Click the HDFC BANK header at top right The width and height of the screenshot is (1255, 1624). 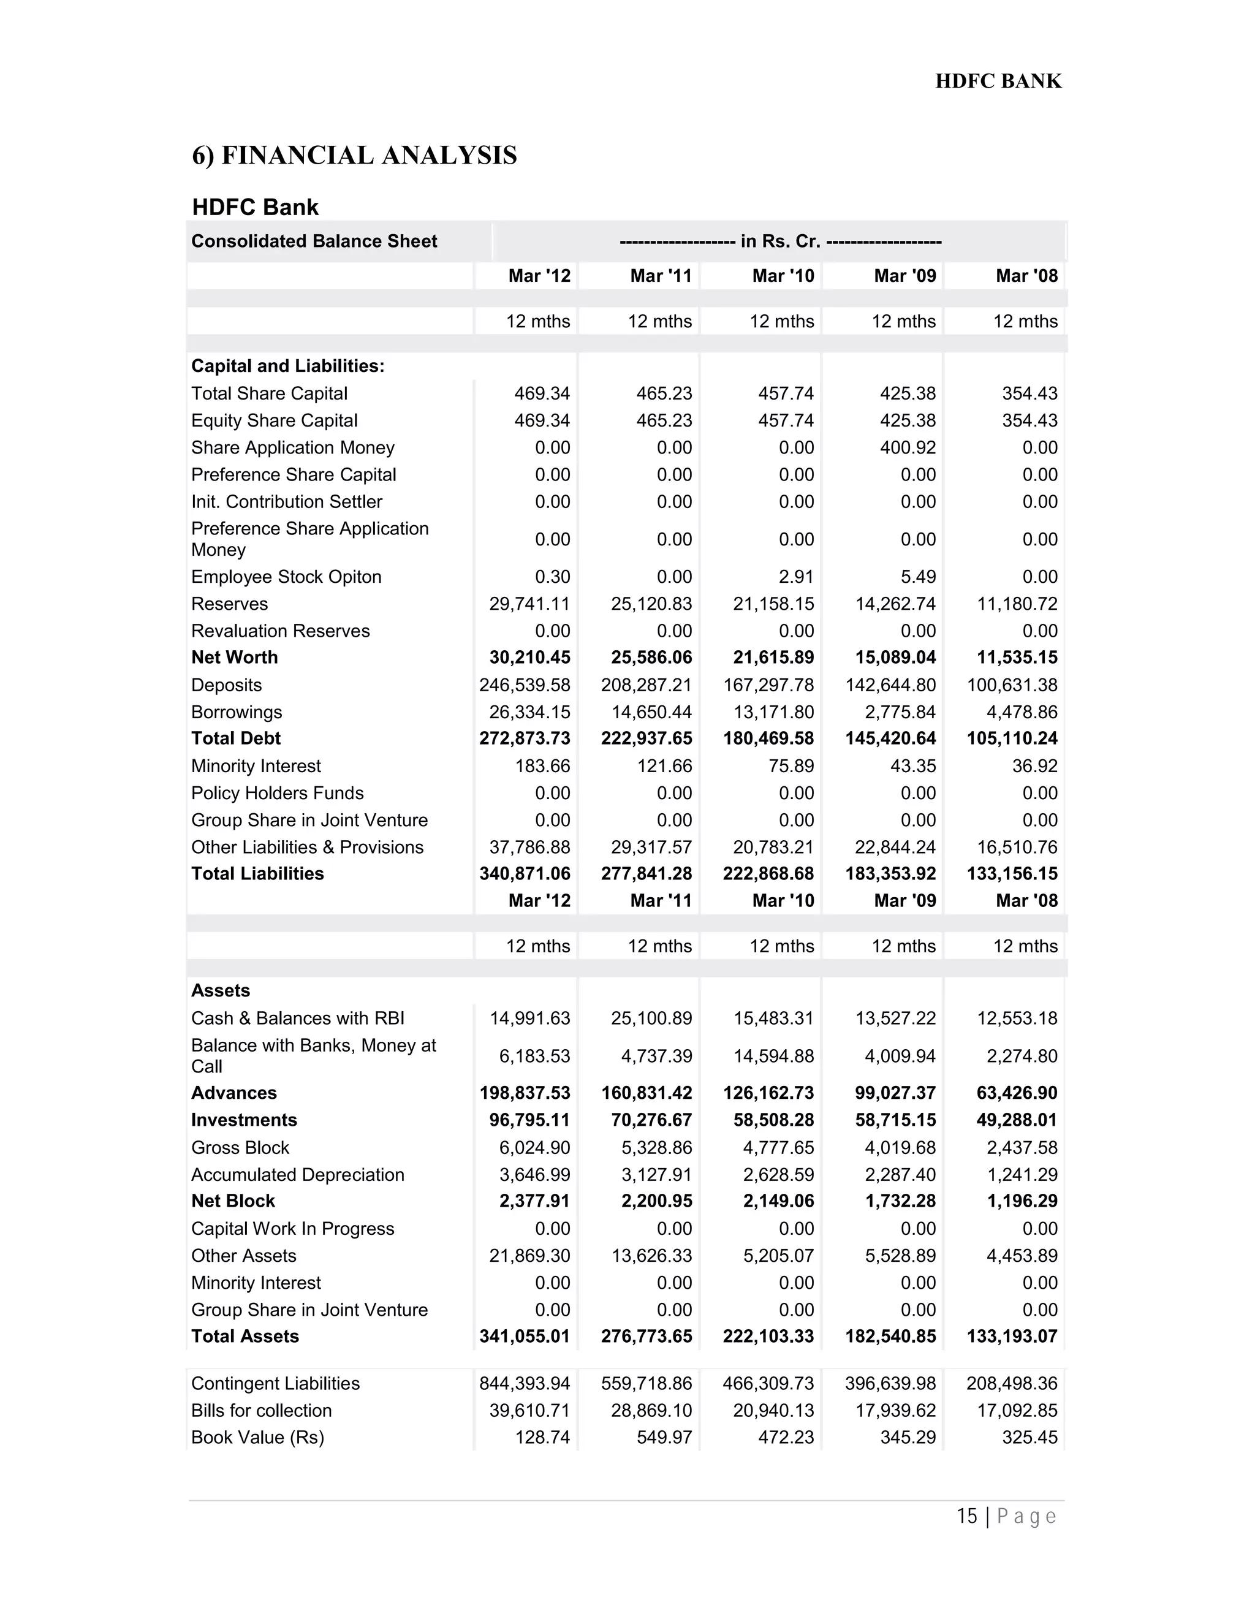pyautogui.click(x=998, y=81)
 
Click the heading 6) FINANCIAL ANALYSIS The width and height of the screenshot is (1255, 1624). pyautogui.click(x=354, y=156)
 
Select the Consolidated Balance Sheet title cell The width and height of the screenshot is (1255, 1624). pyautogui.click(x=314, y=241)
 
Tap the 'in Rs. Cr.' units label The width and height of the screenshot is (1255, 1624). pyautogui.click(x=780, y=241)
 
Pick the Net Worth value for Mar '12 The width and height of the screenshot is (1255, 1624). pyautogui.click(x=529, y=658)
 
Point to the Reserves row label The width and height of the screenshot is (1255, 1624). pyautogui.click(x=229, y=604)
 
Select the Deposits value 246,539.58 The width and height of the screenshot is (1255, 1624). pyautogui.click(x=525, y=685)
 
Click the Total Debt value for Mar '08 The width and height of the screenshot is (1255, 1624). pyautogui.click(x=1012, y=738)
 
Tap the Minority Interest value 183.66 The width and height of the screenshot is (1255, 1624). pyautogui.click(x=543, y=766)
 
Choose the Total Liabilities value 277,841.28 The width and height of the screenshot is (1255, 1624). pyautogui.click(x=646, y=874)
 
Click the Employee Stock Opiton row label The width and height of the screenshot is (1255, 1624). pyautogui.click(x=286, y=577)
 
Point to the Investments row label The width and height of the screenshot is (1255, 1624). pyautogui.click(x=244, y=1120)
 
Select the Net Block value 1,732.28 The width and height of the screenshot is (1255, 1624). pyautogui.click(x=900, y=1201)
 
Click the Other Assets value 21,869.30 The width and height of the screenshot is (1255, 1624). pyautogui.click(x=529, y=1255)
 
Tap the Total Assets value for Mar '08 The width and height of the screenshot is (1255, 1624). pyautogui.click(x=1012, y=1336)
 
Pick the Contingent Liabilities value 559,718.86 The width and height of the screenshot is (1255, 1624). pyautogui.click(x=646, y=1383)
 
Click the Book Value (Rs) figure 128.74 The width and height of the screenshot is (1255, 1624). pyautogui.click(x=543, y=1437)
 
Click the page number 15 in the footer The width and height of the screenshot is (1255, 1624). pyautogui.click(x=966, y=1516)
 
